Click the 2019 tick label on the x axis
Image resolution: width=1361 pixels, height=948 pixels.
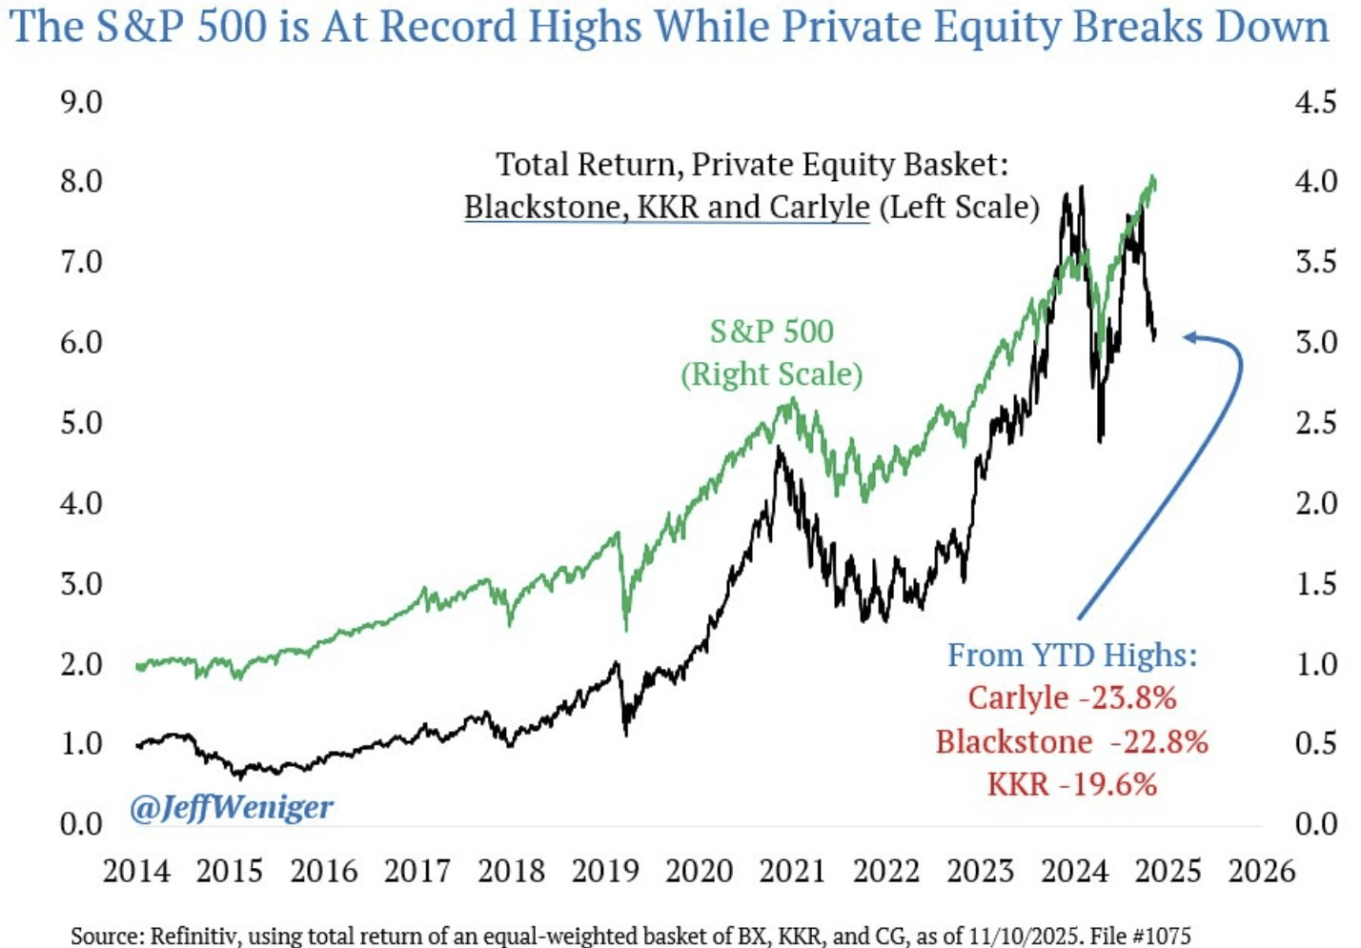click(605, 871)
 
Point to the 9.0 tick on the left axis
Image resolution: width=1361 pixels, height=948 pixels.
click(81, 102)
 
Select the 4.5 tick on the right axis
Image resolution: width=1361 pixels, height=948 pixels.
click(1315, 102)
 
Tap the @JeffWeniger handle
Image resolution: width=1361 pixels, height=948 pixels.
click(232, 808)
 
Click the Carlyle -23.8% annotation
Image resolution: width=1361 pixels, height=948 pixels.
click(1072, 697)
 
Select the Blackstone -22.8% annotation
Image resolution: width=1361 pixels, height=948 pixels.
click(1072, 741)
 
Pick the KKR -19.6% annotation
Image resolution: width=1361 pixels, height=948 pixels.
click(1072, 784)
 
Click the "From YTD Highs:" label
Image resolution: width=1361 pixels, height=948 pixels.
click(1072, 656)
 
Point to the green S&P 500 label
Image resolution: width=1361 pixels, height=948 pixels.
click(771, 332)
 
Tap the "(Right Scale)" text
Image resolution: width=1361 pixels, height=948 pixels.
click(771, 374)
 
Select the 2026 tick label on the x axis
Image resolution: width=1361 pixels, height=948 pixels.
click(1262, 871)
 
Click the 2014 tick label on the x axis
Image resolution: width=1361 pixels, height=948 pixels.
click(136, 871)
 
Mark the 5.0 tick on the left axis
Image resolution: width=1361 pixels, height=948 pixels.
click(81, 422)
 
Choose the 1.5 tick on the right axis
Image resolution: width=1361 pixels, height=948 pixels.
click(1315, 583)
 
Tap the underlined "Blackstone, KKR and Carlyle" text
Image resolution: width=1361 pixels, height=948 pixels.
click(667, 207)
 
